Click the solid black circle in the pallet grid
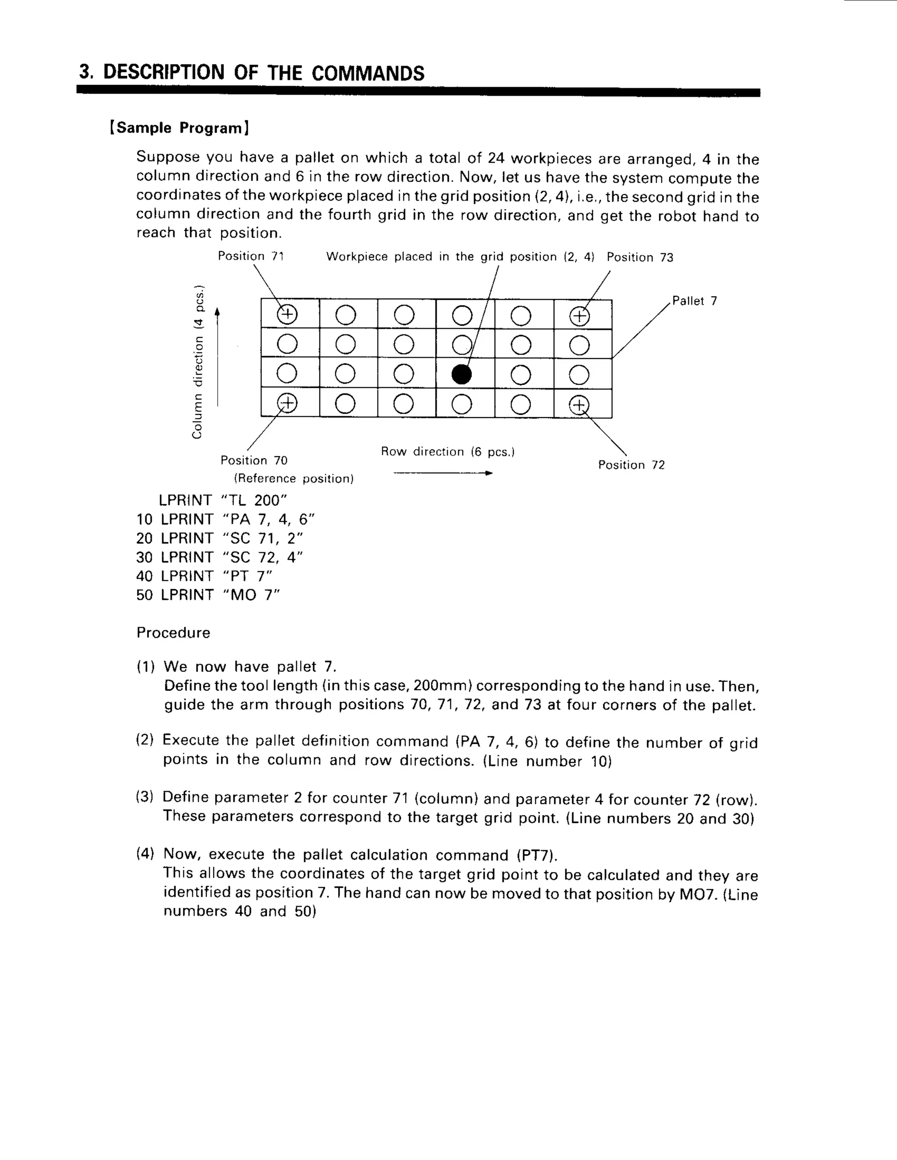(461, 374)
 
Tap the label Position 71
(251, 256)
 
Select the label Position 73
(640, 257)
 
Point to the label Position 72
(631, 465)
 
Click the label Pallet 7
(695, 301)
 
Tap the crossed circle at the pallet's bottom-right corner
(579, 405)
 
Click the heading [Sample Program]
(180, 128)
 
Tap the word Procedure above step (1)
(173, 633)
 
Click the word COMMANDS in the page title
(368, 73)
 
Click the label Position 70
(254, 460)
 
